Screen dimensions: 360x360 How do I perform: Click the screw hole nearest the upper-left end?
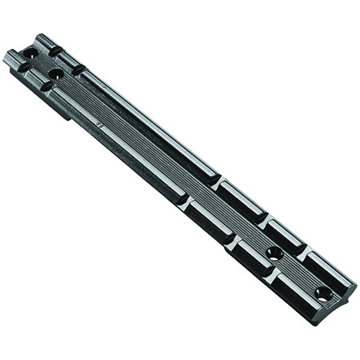31,53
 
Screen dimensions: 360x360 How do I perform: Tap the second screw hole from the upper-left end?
55,74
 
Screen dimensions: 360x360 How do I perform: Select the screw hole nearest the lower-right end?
323,294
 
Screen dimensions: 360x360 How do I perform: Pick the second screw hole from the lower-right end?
274,253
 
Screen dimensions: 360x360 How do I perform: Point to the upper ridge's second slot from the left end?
78,69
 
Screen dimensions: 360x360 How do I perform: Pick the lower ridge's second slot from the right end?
232,239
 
